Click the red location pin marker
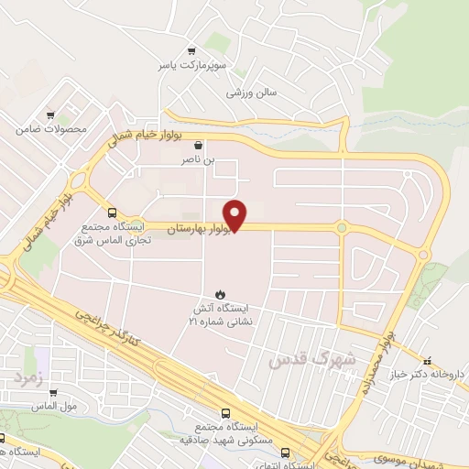[x=236, y=213]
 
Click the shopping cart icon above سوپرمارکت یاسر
[x=191, y=51]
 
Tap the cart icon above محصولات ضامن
[x=51, y=115]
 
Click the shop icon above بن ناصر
[x=198, y=144]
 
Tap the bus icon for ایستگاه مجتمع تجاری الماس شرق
[x=112, y=212]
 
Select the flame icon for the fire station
[x=218, y=293]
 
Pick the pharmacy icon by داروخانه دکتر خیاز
[x=427, y=358]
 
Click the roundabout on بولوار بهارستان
[x=342, y=228]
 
